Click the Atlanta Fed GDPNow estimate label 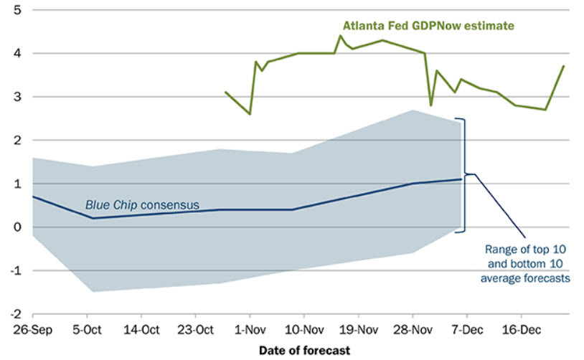click(428, 26)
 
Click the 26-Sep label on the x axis click(33, 331)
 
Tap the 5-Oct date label click(87, 331)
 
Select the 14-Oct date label click(141, 331)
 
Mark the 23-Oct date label click(195, 331)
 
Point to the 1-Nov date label click(250, 331)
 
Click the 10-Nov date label click(303, 331)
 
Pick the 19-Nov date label click(358, 331)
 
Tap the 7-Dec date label click(466, 331)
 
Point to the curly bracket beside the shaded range click(466, 174)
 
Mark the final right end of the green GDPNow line click(564, 66)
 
